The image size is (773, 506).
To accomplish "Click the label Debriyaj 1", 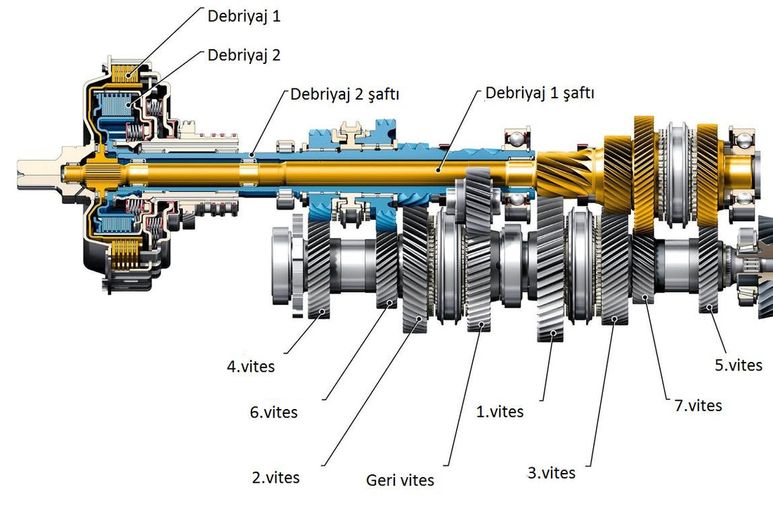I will pos(244,16).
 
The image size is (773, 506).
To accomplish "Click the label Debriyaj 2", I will pos(244,55).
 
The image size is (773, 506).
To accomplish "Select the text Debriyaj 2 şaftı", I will pos(344,95).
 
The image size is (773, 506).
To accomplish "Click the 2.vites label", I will pos(275,478).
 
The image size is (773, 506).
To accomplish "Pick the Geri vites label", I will pos(400,481).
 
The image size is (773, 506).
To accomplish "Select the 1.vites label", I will pos(500,412).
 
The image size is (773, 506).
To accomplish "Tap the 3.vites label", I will pos(551,472).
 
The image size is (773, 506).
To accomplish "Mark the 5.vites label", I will pos(738,365).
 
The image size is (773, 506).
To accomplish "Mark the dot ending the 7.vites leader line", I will pos(644,299).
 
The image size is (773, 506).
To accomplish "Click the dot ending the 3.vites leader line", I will pos(614,320).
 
